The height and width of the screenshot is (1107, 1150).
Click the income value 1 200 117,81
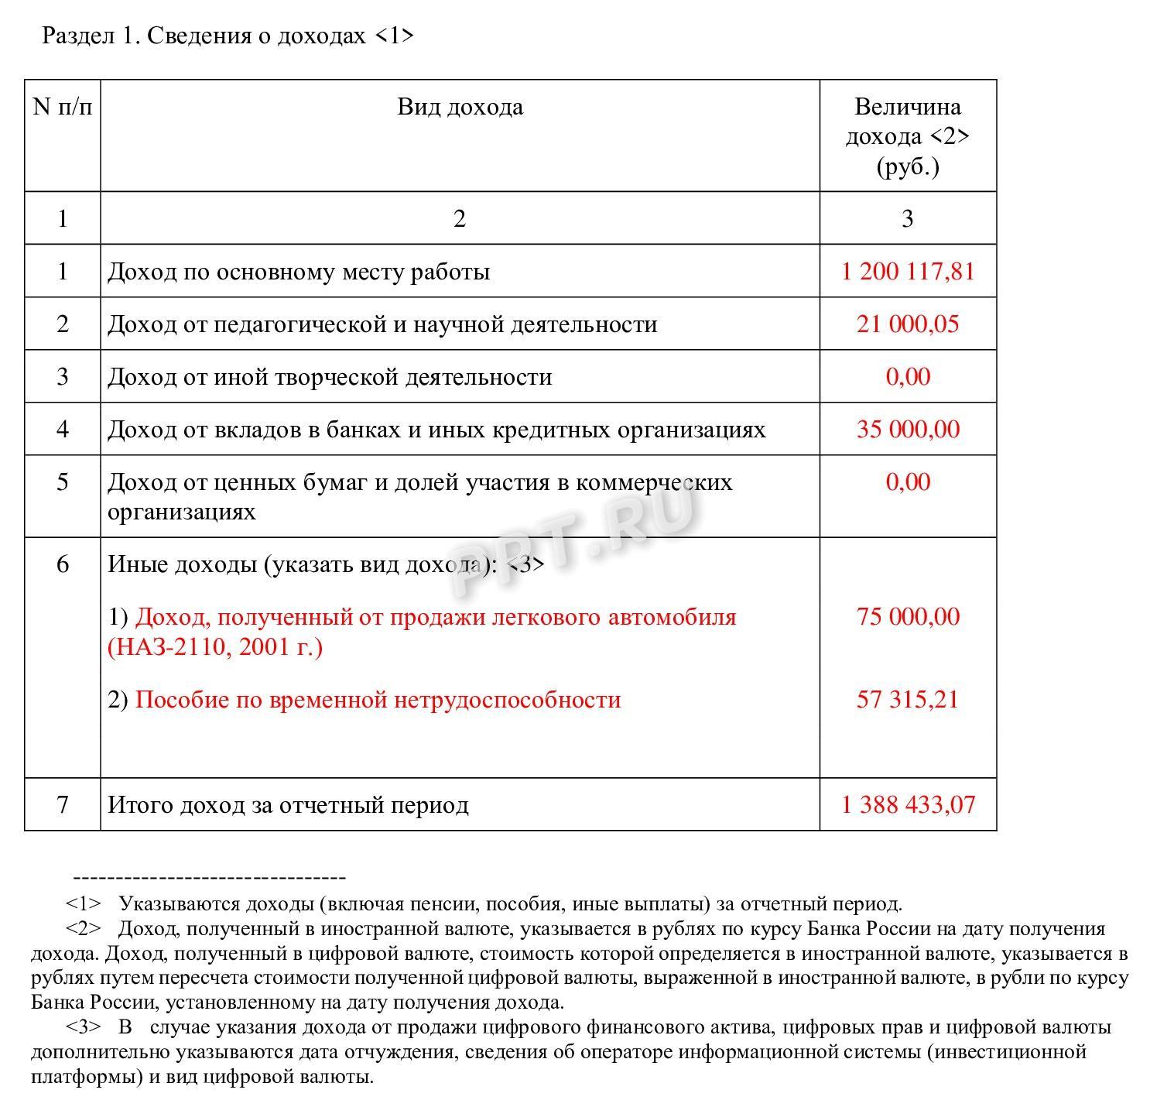[x=907, y=272]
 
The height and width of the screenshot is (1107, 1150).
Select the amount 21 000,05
[x=907, y=324]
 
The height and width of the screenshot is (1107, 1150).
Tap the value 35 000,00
[x=907, y=429]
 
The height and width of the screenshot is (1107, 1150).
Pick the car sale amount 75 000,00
[x=907, y=617]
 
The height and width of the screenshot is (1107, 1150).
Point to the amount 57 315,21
[x=907, y=700]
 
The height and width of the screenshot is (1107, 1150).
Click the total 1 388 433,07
[x=907, y=805]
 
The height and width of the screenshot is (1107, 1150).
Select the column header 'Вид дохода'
[x=460, y=107]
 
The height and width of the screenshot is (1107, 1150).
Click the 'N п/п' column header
[x=63, y=107]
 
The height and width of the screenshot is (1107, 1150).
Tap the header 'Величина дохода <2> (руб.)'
[x=907, y=136]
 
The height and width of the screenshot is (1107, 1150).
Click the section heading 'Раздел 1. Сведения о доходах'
[x=228, y=36]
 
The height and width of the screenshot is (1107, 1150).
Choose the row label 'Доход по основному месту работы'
[x=299, y=272]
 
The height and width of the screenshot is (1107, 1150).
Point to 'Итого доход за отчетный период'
[x=288, y=805]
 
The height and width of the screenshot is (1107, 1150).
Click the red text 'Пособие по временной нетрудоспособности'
[x=378, y=700]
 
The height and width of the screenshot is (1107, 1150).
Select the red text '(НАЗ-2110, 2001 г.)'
[x=215, y=646]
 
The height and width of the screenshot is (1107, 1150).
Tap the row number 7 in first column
[x=63, y=805]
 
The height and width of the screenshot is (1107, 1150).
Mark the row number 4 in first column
[x=63, y=429]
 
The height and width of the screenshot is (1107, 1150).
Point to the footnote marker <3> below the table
[x=83, y=1027]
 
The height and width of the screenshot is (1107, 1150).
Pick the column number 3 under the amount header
[x=907, y=219]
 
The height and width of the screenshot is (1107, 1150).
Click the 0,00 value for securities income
[x=907, y=482]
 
